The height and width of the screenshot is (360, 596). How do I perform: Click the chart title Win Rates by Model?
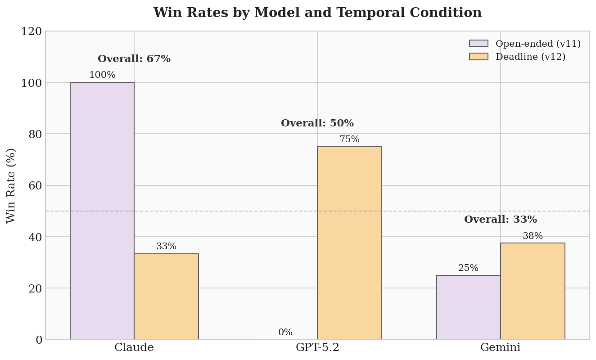[317, 13]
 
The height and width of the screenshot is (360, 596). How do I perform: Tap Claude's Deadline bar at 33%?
[166, 297]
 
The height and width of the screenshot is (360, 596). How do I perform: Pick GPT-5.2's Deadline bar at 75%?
[349, 243]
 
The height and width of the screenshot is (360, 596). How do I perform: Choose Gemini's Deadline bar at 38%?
[533, 291]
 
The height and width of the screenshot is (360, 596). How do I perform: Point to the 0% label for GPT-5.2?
[285, 333]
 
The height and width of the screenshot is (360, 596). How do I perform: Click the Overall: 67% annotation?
[134, 59]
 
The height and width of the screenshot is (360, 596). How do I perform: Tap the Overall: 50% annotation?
[317, 123]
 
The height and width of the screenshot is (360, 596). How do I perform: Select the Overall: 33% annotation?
[501, 220]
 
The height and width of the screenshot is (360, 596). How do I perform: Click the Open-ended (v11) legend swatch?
[479, 44]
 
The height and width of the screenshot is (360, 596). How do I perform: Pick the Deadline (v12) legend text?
[530, 57]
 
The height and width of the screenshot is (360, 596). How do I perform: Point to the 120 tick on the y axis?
[32, 31]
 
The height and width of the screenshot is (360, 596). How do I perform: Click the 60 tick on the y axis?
[35, 185]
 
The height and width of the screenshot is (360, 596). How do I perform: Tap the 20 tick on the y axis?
[35, 288]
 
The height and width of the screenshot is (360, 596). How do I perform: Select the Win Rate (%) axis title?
[11, 185]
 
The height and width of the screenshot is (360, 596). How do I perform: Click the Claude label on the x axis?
[134, 348]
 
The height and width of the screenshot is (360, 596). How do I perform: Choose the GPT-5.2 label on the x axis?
[317, 348]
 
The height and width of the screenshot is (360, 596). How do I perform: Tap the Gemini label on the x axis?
[501, 348]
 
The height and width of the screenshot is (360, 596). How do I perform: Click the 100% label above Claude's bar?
[102, 75]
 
